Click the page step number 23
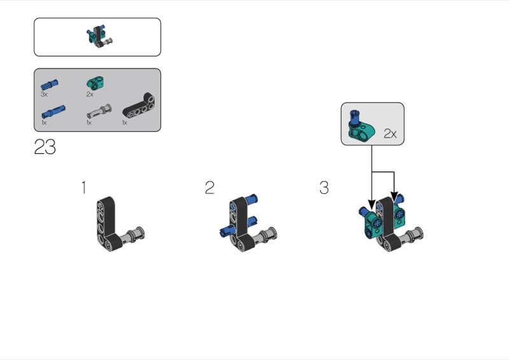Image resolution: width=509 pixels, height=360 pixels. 45,147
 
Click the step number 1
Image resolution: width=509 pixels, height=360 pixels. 84,188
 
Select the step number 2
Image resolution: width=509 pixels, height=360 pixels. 210,188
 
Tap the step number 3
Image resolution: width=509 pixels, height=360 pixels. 324,188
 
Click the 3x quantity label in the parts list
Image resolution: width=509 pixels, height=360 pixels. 44,94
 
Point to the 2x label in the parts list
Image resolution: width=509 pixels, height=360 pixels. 90,94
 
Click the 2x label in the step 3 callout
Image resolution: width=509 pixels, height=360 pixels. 390,134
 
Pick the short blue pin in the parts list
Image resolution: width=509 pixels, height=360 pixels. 50,85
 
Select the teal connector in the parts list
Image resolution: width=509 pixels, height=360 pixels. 95,83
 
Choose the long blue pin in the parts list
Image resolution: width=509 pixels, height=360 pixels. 53,112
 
